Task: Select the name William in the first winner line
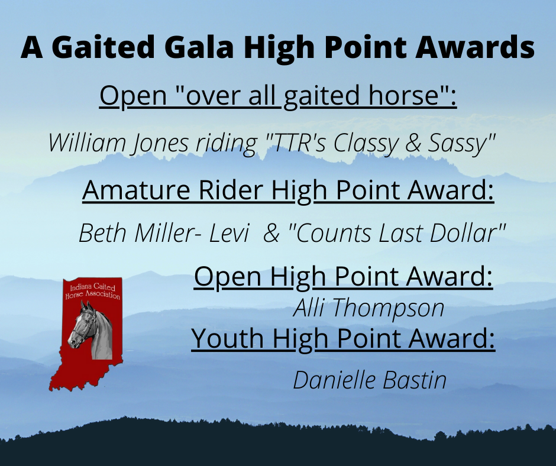(x=87, y=143)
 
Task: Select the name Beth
(x=102, y=233)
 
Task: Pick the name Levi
(x=229, y=233)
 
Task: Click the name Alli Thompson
(x=368, y=308)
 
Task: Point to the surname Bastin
(x=415, y=380)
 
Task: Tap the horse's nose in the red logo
(x=72, y=342)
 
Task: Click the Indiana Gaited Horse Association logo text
(x=93, y=291)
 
